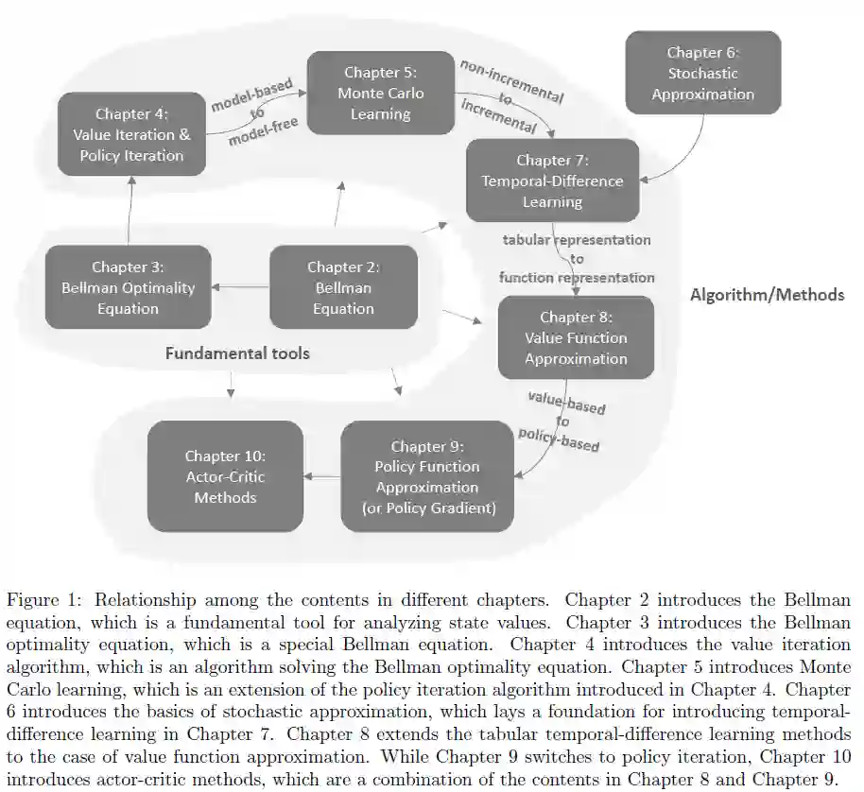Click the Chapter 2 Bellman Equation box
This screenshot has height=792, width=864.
[x=342, y=287]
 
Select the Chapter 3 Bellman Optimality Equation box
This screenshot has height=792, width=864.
[x=128, y=287]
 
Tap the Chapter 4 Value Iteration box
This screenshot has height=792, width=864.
[x=131, y=134]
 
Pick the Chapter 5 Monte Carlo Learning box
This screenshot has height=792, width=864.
[x=380, y=93]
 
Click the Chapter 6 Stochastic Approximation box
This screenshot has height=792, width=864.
[x=702, y=73]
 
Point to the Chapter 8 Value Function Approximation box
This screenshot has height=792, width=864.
[x=576, y=337]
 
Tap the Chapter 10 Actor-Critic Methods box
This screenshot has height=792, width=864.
[x=225, y=476]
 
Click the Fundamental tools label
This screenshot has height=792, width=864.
[x=237, y=353]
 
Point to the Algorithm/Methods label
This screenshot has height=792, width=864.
[x=767, y=295]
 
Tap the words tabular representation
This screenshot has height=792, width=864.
[x=577, y=240]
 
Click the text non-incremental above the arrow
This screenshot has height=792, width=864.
[x=511, y=80]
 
